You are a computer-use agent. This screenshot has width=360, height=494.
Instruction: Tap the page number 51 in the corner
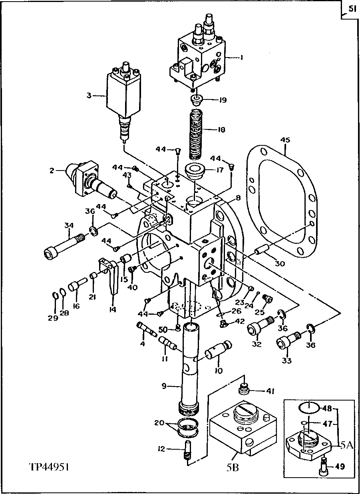click(351, 8)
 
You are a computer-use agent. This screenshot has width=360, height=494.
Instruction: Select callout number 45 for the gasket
click(285, 140)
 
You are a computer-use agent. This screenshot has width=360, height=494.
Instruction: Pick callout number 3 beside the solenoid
click(89, 95)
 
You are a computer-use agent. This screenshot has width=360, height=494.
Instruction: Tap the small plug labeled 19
click(197, 99)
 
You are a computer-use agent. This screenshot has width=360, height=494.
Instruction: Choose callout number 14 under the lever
click(113, 309)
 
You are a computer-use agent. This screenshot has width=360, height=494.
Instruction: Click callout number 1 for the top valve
click(241, 57)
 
